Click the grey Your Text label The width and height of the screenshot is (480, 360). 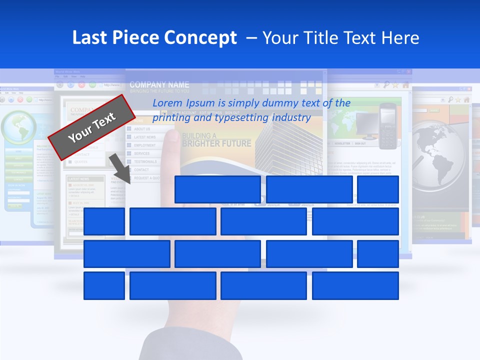[92, 127]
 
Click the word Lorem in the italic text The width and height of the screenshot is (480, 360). [167, 103]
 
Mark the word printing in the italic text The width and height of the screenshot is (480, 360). [168, 118]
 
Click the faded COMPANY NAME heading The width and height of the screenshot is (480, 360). [159, 84]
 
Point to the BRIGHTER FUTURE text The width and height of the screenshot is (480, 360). [216, 144]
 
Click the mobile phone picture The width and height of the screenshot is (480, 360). [387, 126]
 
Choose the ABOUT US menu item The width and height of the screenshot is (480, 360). [142, 129]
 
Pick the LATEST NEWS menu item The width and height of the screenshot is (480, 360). [144, 137]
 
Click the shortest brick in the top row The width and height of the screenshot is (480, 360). [378, 189]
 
